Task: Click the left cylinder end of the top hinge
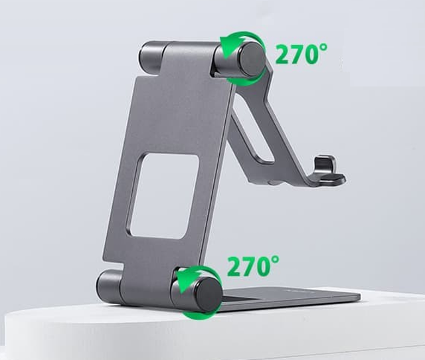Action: coord(152,56)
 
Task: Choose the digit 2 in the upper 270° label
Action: coord(283,55)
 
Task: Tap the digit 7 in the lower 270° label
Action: coord(248,266)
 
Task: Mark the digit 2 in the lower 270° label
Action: coord(234,266)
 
